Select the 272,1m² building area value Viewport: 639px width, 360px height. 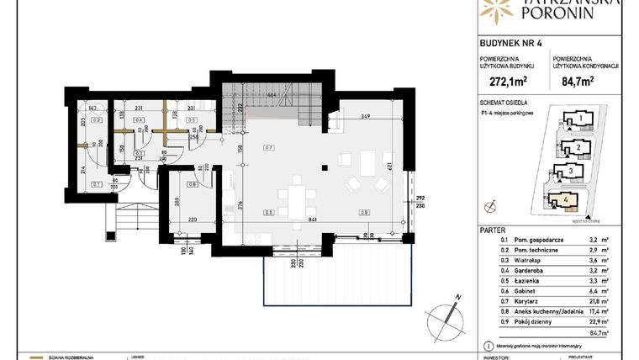(x=503, y=83)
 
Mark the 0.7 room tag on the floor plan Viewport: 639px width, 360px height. (x=268, y=147)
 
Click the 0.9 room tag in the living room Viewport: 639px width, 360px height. (x=364, y=211)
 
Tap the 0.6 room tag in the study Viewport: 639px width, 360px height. (x=193, y=184)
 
